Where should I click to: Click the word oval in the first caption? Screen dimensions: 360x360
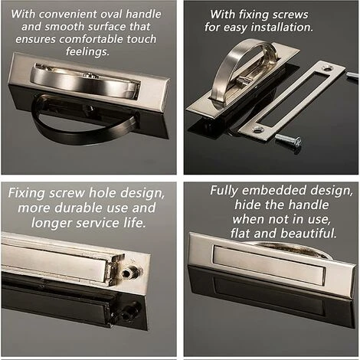(111, 15)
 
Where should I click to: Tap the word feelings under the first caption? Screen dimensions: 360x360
(87, 51)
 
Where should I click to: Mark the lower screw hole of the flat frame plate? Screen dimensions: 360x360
(257, 129)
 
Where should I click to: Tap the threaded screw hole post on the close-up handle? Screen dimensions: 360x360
(129, 272)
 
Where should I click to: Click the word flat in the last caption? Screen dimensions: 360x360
(241, 233)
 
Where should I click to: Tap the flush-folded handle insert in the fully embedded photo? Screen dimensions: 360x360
(269, 264)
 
